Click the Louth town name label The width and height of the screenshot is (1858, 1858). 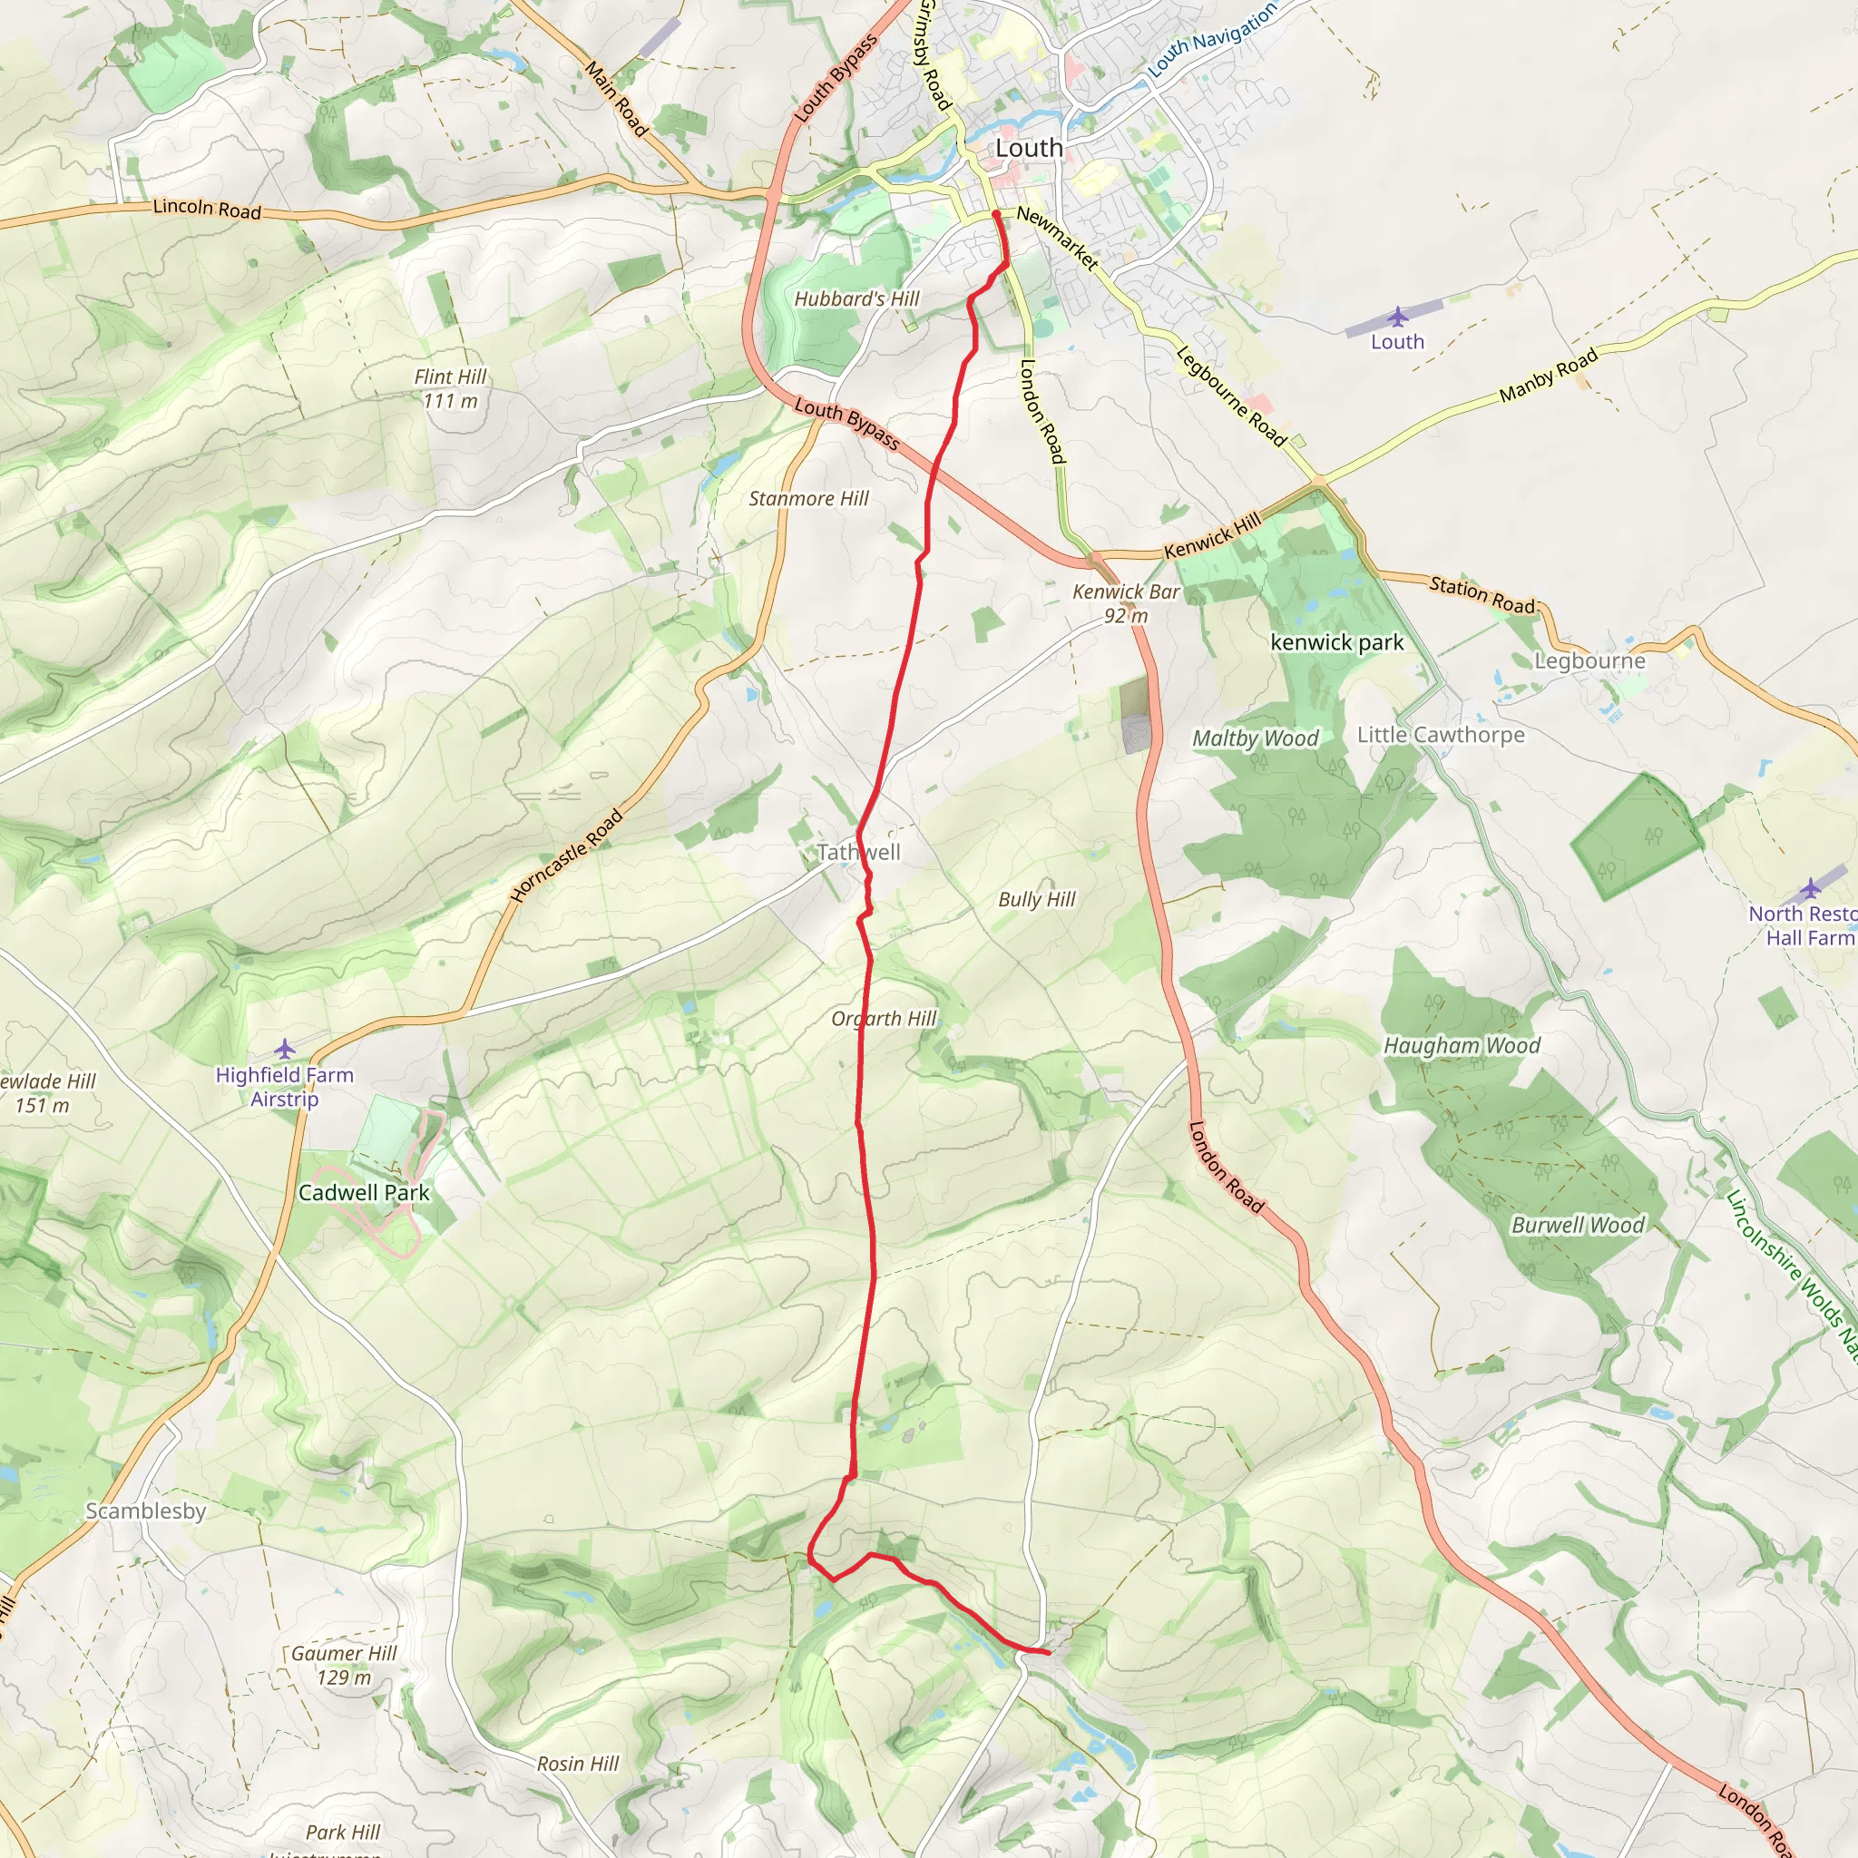click(1029, 148)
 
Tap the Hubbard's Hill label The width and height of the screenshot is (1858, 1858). click(856, 299)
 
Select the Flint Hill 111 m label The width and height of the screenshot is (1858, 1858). click(450, 388)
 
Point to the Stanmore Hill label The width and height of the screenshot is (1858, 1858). click(808, 498)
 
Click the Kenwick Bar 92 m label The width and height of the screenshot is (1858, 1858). click(1126, 603)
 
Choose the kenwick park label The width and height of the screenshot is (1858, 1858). click(1336, 642)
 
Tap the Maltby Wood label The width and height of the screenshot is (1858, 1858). click(1255, 738)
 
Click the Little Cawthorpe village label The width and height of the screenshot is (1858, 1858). click(1441, 735)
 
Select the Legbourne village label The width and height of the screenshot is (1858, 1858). click(1589, 660)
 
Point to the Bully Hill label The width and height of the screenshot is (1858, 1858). click(1037, 899)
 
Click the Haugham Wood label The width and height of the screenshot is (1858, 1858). click(1462, 1045)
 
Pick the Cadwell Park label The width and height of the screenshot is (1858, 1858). click(364, 1192)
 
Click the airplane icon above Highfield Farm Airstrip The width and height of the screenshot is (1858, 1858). click(285, 1048)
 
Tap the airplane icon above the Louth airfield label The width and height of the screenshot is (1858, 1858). click(1397, 317)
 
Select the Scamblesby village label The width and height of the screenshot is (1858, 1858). click(146, 1511)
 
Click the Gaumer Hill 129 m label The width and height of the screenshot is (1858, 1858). click(343, 1665)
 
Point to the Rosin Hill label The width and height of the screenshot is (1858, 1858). click(578, 1764)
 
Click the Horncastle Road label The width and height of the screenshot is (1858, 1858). click(566, 856)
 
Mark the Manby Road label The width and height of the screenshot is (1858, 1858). click(1549, 375)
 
